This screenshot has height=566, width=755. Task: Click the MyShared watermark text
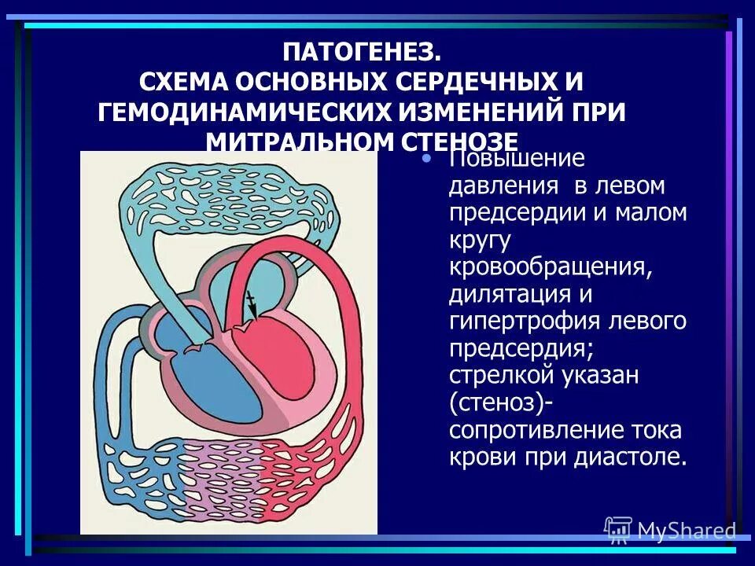pyautogui.click(x=685, y=531)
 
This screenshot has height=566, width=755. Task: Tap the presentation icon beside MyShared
pyautogui.click(x=618, y=530)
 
